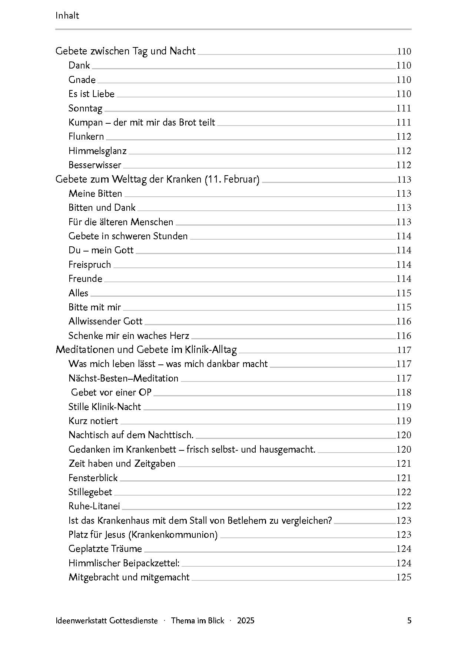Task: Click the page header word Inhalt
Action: click(67, 16)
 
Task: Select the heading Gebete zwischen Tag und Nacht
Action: click(125, 51)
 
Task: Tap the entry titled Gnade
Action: click(82, 80)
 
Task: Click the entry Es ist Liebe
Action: click(91, 94)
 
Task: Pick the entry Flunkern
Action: click(86, 137)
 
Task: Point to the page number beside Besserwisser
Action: click(404, 165)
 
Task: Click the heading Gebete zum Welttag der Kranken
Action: click(157, 179)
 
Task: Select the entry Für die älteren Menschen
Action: click(121, 222)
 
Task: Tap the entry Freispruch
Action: click(90, 264)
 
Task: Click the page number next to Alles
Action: click(404, 293)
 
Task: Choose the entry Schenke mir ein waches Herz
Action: click(129, 336)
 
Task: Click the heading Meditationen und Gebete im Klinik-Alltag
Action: click(146, 350)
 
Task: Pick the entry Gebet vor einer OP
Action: click(111, 392)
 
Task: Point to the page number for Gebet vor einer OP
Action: click(404, 392)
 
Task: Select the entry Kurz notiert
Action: click(93, 421)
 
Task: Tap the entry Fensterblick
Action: click(93, 478)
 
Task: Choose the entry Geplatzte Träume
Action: click(105, 549)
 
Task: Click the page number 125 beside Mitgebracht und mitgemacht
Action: click(404, 577)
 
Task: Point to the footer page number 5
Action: click(409, 620)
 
